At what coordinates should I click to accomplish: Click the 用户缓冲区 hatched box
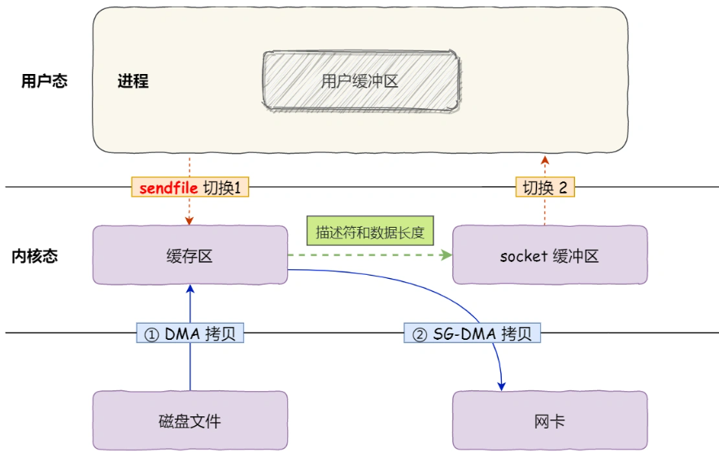coord(359,81)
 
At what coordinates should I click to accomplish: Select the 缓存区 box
coord(190,255)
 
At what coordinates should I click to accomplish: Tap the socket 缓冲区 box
coord(549,255)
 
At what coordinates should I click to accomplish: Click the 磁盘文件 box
coord(190,420)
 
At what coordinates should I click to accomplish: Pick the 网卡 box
coord(549,420)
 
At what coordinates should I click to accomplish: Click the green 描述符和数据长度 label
coord(370,231)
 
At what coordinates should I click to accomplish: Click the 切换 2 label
coord(544,187)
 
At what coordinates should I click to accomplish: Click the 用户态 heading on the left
coord(44,81)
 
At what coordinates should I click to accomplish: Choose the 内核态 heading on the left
coord(34,256)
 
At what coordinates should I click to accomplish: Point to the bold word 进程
coord(133,81)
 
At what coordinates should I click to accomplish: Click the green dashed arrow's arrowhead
coord(447,255)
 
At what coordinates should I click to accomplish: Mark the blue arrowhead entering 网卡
coord(502,385)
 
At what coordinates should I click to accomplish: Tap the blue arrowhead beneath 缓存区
coord(190,289)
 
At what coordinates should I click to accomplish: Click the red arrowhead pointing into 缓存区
coord(190,221)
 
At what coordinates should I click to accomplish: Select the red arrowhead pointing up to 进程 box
coord(544,156)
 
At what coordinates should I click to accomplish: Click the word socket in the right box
coord(525,256)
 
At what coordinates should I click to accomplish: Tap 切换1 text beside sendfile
coord(224,187)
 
